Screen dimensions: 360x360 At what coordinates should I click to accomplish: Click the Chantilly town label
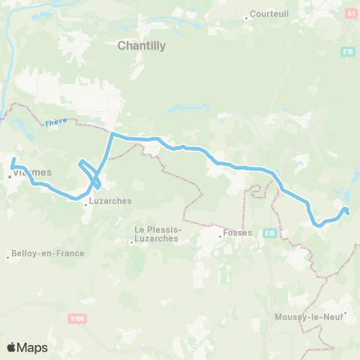(142, 45)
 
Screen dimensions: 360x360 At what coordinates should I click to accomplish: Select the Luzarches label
(110, 201)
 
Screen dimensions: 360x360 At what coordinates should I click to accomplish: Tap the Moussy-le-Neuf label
(309, 317)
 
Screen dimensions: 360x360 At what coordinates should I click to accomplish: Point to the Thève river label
(55, 122)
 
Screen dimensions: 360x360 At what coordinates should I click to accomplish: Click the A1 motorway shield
(350, 13)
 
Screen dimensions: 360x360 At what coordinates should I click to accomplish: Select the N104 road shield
(76, 319)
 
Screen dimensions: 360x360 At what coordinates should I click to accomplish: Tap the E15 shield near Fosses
(270, 233)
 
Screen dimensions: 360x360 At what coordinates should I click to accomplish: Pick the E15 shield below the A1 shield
(347, 51)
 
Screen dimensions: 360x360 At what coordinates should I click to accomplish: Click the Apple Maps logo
(27, 347)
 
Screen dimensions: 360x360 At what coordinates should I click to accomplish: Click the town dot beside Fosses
(220, 235)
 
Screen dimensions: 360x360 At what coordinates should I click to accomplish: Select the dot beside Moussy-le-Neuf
(344, 314)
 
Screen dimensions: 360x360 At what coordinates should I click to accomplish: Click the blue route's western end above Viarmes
(13, 159)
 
